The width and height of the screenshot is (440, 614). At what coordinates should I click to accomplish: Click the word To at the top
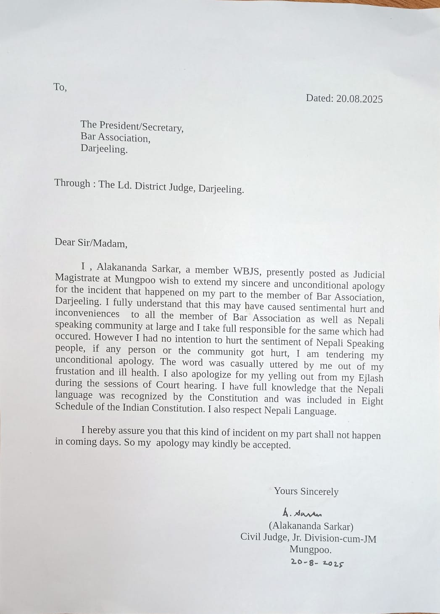60,87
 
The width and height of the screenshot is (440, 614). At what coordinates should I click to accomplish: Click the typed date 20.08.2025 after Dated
359,99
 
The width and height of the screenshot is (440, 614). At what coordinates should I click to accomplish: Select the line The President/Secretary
132,126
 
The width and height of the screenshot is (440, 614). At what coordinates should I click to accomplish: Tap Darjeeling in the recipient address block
104,149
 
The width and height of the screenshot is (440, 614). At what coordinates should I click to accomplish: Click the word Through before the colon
72,183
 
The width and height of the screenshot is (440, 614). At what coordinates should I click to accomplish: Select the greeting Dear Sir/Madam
91,243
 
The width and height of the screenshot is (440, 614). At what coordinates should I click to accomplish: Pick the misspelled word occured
72,337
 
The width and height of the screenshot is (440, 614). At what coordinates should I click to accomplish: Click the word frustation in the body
75,371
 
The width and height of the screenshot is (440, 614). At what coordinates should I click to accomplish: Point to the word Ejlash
369,378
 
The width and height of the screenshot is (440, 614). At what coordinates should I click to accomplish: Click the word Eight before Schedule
372,401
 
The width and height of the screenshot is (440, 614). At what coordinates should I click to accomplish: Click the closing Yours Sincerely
306,491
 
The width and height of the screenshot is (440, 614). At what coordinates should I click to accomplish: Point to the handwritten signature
302,513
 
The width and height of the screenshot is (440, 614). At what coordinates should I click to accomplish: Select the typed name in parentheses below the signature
311,526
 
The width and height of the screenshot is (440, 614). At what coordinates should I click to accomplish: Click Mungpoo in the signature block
311,550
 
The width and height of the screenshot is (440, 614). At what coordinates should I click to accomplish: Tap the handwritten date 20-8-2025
317,563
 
